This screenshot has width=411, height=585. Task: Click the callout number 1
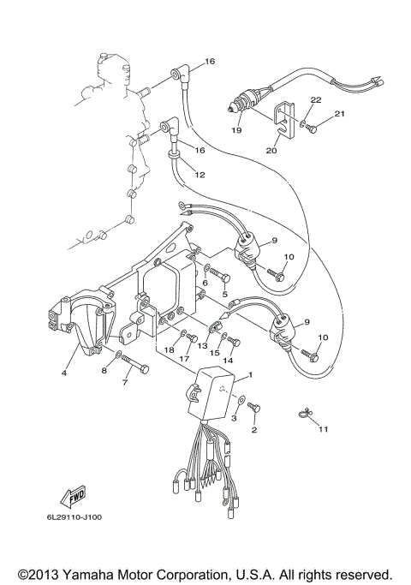[250, 375]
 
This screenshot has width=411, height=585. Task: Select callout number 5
[225, 294]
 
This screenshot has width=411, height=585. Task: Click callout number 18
[170, 349]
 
